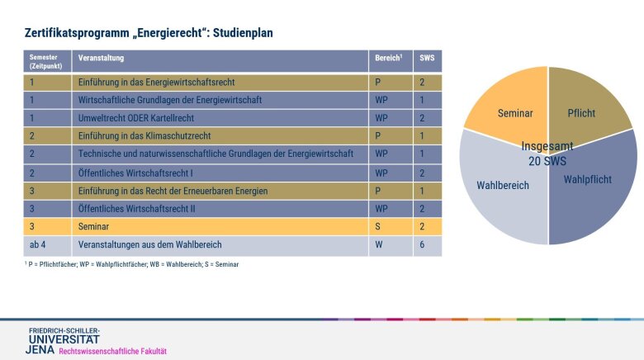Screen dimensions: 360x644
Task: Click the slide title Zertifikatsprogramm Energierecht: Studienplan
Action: point(149,32)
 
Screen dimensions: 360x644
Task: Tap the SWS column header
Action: point(426,59)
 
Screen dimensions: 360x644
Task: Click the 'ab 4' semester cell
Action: point(38,244)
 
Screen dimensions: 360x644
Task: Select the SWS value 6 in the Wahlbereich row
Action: point(422,244)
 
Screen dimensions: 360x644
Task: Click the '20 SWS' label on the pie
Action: point(547,161)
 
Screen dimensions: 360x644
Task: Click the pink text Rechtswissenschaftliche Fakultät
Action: point(112,351)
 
